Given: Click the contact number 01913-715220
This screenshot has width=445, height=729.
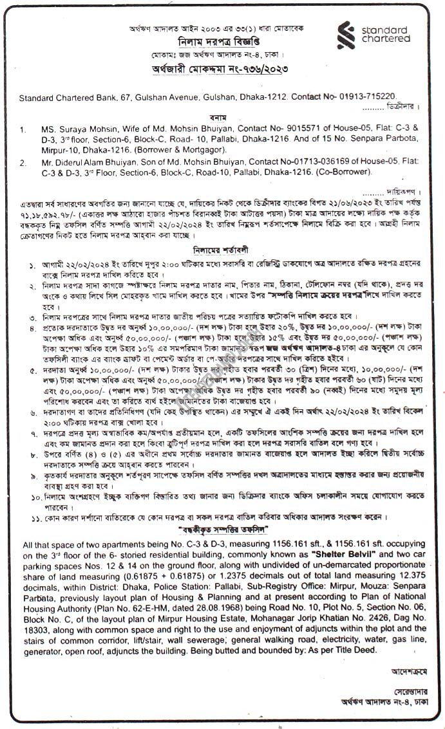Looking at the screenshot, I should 369,97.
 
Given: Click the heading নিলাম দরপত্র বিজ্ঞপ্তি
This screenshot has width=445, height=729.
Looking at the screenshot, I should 217,38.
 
